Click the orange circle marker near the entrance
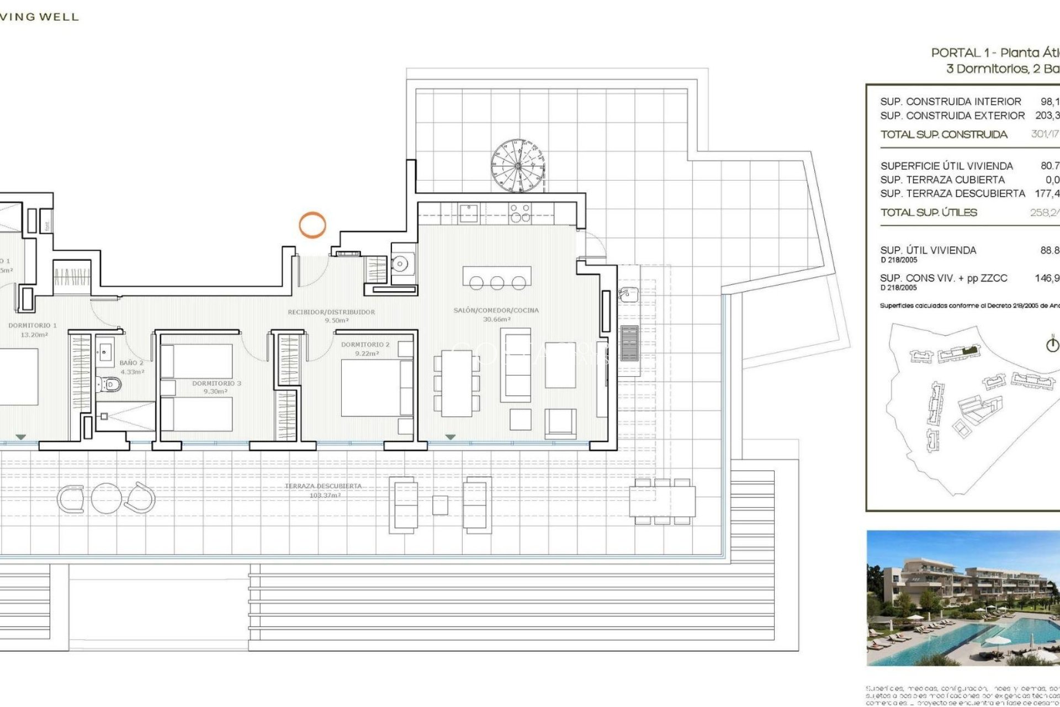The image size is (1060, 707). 312,225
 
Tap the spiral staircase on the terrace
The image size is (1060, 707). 517,165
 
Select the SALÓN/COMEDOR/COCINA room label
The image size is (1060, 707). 496,310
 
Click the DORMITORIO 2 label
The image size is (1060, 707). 365,345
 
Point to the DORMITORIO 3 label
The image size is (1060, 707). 216,383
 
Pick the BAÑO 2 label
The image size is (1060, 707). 131,363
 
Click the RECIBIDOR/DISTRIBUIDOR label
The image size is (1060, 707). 331,313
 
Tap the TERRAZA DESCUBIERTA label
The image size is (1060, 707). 324,487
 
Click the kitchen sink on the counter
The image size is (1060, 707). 469,213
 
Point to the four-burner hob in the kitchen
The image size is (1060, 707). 520,213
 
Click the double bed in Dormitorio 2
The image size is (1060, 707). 377,388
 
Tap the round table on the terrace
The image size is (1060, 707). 107,498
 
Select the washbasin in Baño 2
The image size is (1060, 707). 105,351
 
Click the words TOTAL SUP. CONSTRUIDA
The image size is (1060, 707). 944,135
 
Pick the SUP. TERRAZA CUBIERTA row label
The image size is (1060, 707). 942,180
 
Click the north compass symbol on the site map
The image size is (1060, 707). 1052,345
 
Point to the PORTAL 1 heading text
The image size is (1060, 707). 963,53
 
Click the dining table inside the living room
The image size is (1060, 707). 456,383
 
